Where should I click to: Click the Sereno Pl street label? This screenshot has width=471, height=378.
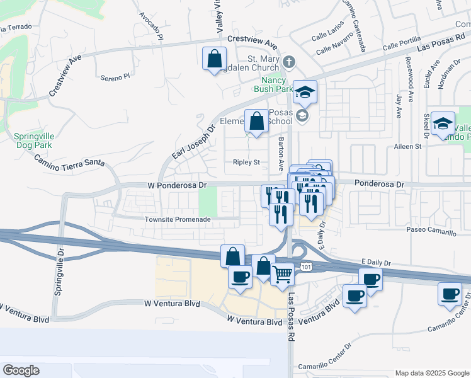point(115,77)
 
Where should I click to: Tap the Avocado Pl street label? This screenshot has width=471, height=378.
point(151,26)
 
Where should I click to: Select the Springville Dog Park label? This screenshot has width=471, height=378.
point(33,140)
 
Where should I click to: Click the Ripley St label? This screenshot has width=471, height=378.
point(246,162)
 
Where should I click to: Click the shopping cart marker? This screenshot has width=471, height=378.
point(283,274)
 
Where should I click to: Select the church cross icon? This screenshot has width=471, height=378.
point(289,62)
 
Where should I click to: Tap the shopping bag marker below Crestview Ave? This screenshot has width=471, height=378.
point(214,59)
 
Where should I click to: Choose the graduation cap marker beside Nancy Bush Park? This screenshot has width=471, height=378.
point(305,93)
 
